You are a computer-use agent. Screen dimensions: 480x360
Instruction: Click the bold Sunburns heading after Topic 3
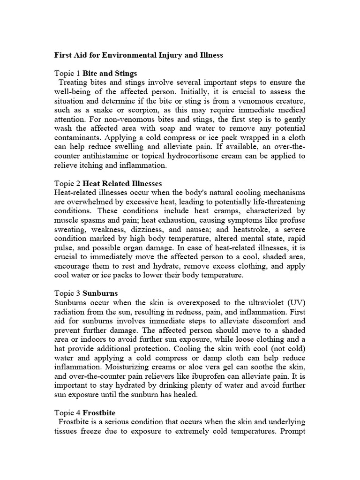tap(100, 294)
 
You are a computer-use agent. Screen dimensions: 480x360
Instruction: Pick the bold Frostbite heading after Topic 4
tap(101, 413)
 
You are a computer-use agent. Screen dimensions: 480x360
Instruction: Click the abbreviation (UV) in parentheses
tap(294, 303)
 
